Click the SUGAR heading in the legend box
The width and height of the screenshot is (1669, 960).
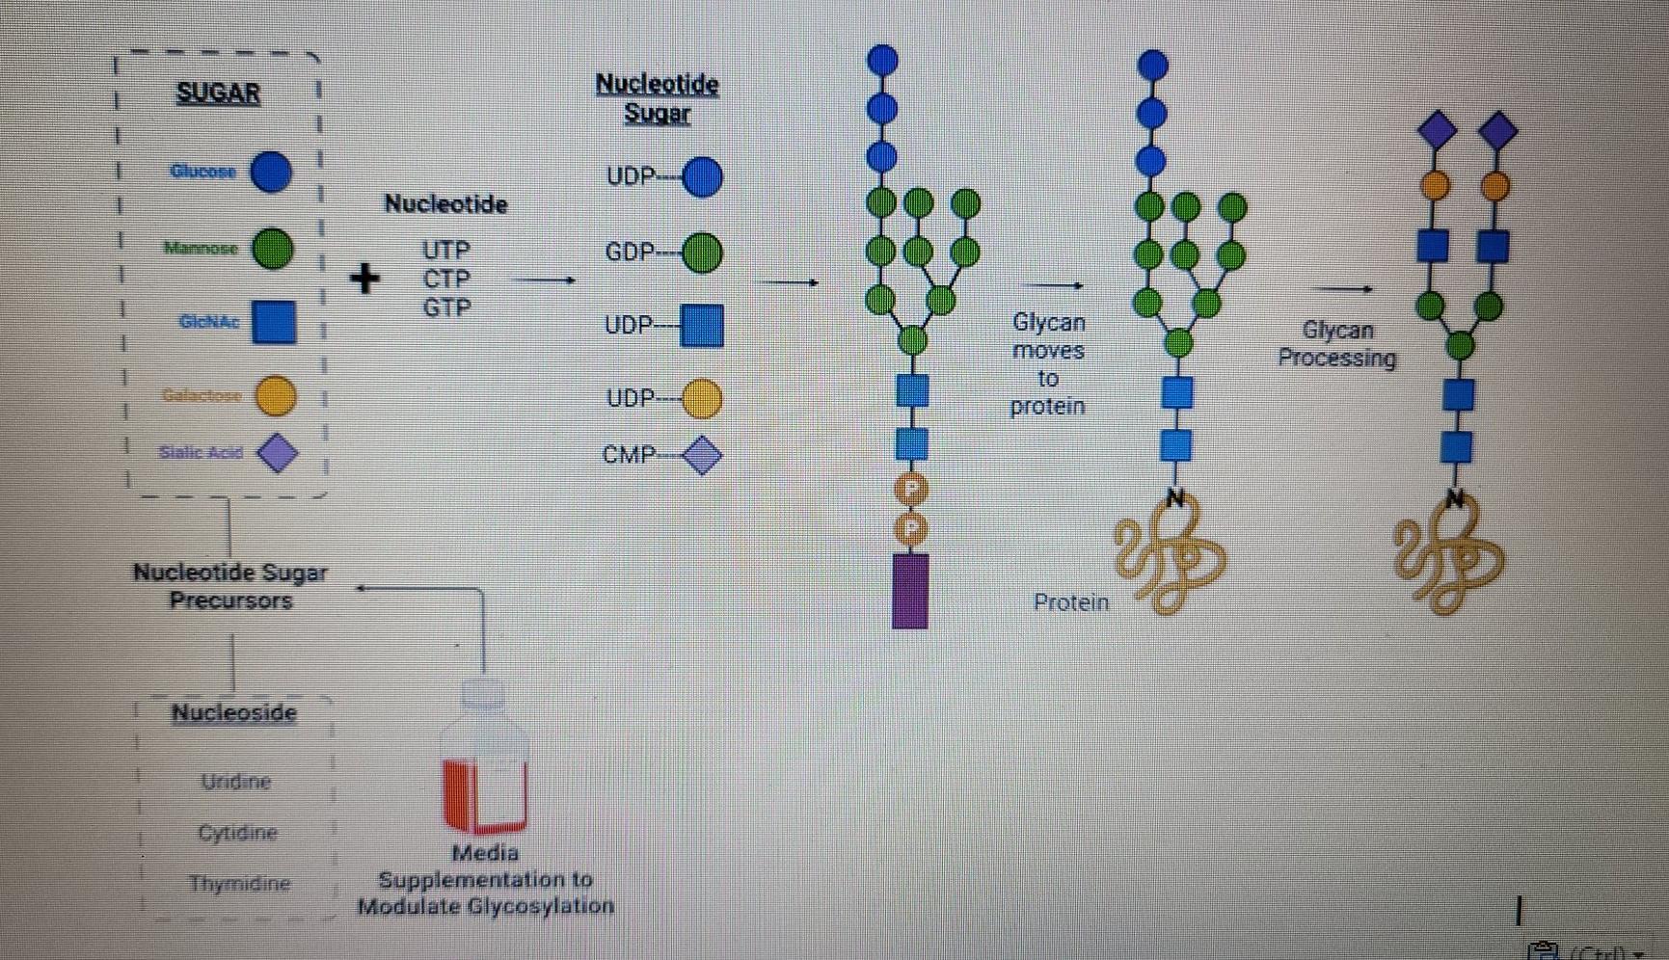point(218,93)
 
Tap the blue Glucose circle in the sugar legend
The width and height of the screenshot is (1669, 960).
point(271,173)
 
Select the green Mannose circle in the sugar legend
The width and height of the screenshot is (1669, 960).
point(273,249)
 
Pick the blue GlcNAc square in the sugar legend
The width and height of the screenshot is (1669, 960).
point(274,322)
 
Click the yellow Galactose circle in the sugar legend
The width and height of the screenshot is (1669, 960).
point(276,395)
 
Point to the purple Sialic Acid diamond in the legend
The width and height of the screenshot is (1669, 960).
point(278,453)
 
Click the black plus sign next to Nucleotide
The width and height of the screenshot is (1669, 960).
point(364,279)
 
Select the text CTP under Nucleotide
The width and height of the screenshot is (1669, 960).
point(446,280)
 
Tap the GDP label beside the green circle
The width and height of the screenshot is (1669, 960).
point(630,253)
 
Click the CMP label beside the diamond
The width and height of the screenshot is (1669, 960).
point(628,455)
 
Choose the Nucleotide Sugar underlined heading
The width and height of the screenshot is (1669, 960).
point(657,98)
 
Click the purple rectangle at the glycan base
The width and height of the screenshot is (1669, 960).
point(910,590)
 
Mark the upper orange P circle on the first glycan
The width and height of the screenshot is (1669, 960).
point(910,489)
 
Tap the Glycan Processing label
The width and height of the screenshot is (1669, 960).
point(1336,344)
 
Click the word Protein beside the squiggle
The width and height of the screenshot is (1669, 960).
point(1070,602)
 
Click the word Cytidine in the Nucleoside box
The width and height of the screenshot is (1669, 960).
point(237,833)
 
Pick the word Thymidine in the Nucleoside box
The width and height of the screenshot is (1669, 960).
point(239,883)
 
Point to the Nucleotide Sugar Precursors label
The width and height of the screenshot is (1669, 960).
point(230,586)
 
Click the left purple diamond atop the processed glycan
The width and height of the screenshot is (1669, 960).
point(1437,130)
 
